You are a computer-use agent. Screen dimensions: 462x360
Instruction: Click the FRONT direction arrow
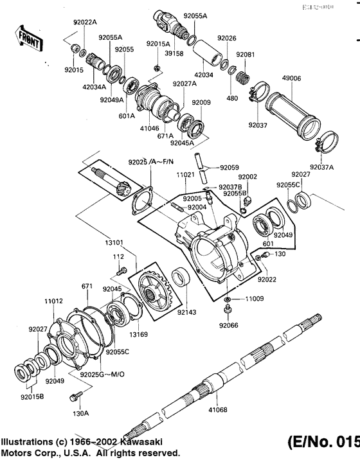30,40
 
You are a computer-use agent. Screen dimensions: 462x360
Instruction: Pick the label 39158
174,53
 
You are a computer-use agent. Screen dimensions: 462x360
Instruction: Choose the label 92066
228,326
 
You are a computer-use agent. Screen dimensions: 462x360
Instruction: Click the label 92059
229,168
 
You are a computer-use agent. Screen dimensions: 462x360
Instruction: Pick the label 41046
148,128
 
